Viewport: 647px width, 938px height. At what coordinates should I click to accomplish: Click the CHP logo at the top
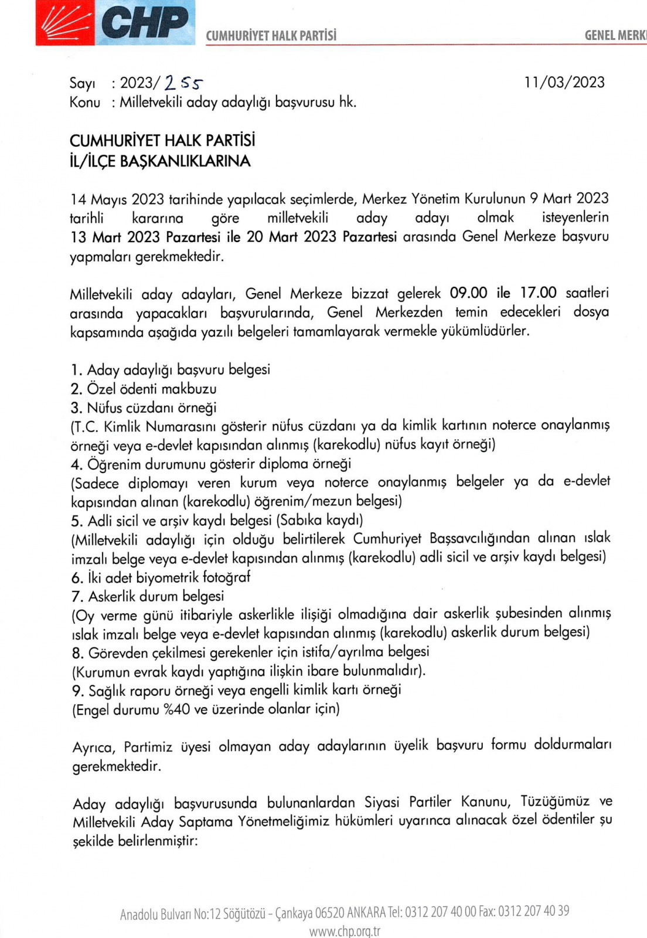point(115,23)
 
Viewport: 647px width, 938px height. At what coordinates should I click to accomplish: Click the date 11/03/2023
point(564,82)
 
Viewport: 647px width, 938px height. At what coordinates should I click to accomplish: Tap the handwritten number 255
point(183,84)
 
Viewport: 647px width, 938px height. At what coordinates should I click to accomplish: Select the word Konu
point(84,102)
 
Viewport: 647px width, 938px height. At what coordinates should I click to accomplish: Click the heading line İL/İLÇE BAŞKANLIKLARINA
point(159,161)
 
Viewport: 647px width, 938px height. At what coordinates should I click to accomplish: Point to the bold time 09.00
point(468,293)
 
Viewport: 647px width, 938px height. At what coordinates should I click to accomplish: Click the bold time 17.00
point(538,293)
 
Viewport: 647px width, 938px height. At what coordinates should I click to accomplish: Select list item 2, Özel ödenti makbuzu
point(144,389)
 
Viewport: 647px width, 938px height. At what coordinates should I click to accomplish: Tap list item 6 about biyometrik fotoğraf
point(161,577)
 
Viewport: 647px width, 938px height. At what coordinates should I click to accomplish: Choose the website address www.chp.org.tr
point(345,931)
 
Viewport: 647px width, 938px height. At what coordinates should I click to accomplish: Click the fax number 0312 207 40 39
point(533,912)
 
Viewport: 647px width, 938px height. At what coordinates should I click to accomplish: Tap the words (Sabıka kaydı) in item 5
point(320,520)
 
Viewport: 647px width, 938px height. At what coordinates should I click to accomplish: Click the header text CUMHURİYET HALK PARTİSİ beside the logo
point(271,36)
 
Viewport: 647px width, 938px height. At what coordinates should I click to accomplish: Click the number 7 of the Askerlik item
point(76,597)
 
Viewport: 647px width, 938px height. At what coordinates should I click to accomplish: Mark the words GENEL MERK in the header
point(615,35)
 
